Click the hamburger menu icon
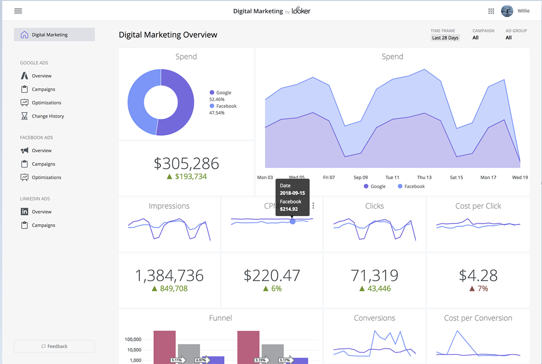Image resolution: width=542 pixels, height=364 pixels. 18,11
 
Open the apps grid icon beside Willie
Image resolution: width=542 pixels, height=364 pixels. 491,11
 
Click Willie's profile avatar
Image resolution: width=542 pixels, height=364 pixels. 507,11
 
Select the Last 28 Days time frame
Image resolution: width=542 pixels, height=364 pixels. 445,38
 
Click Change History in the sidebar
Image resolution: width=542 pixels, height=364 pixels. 47,116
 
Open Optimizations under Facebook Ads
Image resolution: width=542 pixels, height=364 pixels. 46,178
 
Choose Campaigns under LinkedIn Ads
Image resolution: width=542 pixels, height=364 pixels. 43,226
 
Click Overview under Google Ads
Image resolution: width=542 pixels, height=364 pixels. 42,76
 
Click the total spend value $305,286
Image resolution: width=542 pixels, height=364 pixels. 186,163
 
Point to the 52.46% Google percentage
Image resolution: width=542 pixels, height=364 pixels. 217,99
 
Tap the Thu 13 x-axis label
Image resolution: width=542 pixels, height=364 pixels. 424,177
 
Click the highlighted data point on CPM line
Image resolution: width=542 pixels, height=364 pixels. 293,221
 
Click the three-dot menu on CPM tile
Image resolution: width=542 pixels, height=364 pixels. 313,206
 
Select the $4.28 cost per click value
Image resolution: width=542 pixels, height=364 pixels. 478,275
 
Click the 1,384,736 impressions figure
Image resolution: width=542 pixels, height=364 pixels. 169,275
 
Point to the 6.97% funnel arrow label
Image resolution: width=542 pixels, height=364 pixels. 201,360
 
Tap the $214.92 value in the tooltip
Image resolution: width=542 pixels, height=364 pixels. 289,209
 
